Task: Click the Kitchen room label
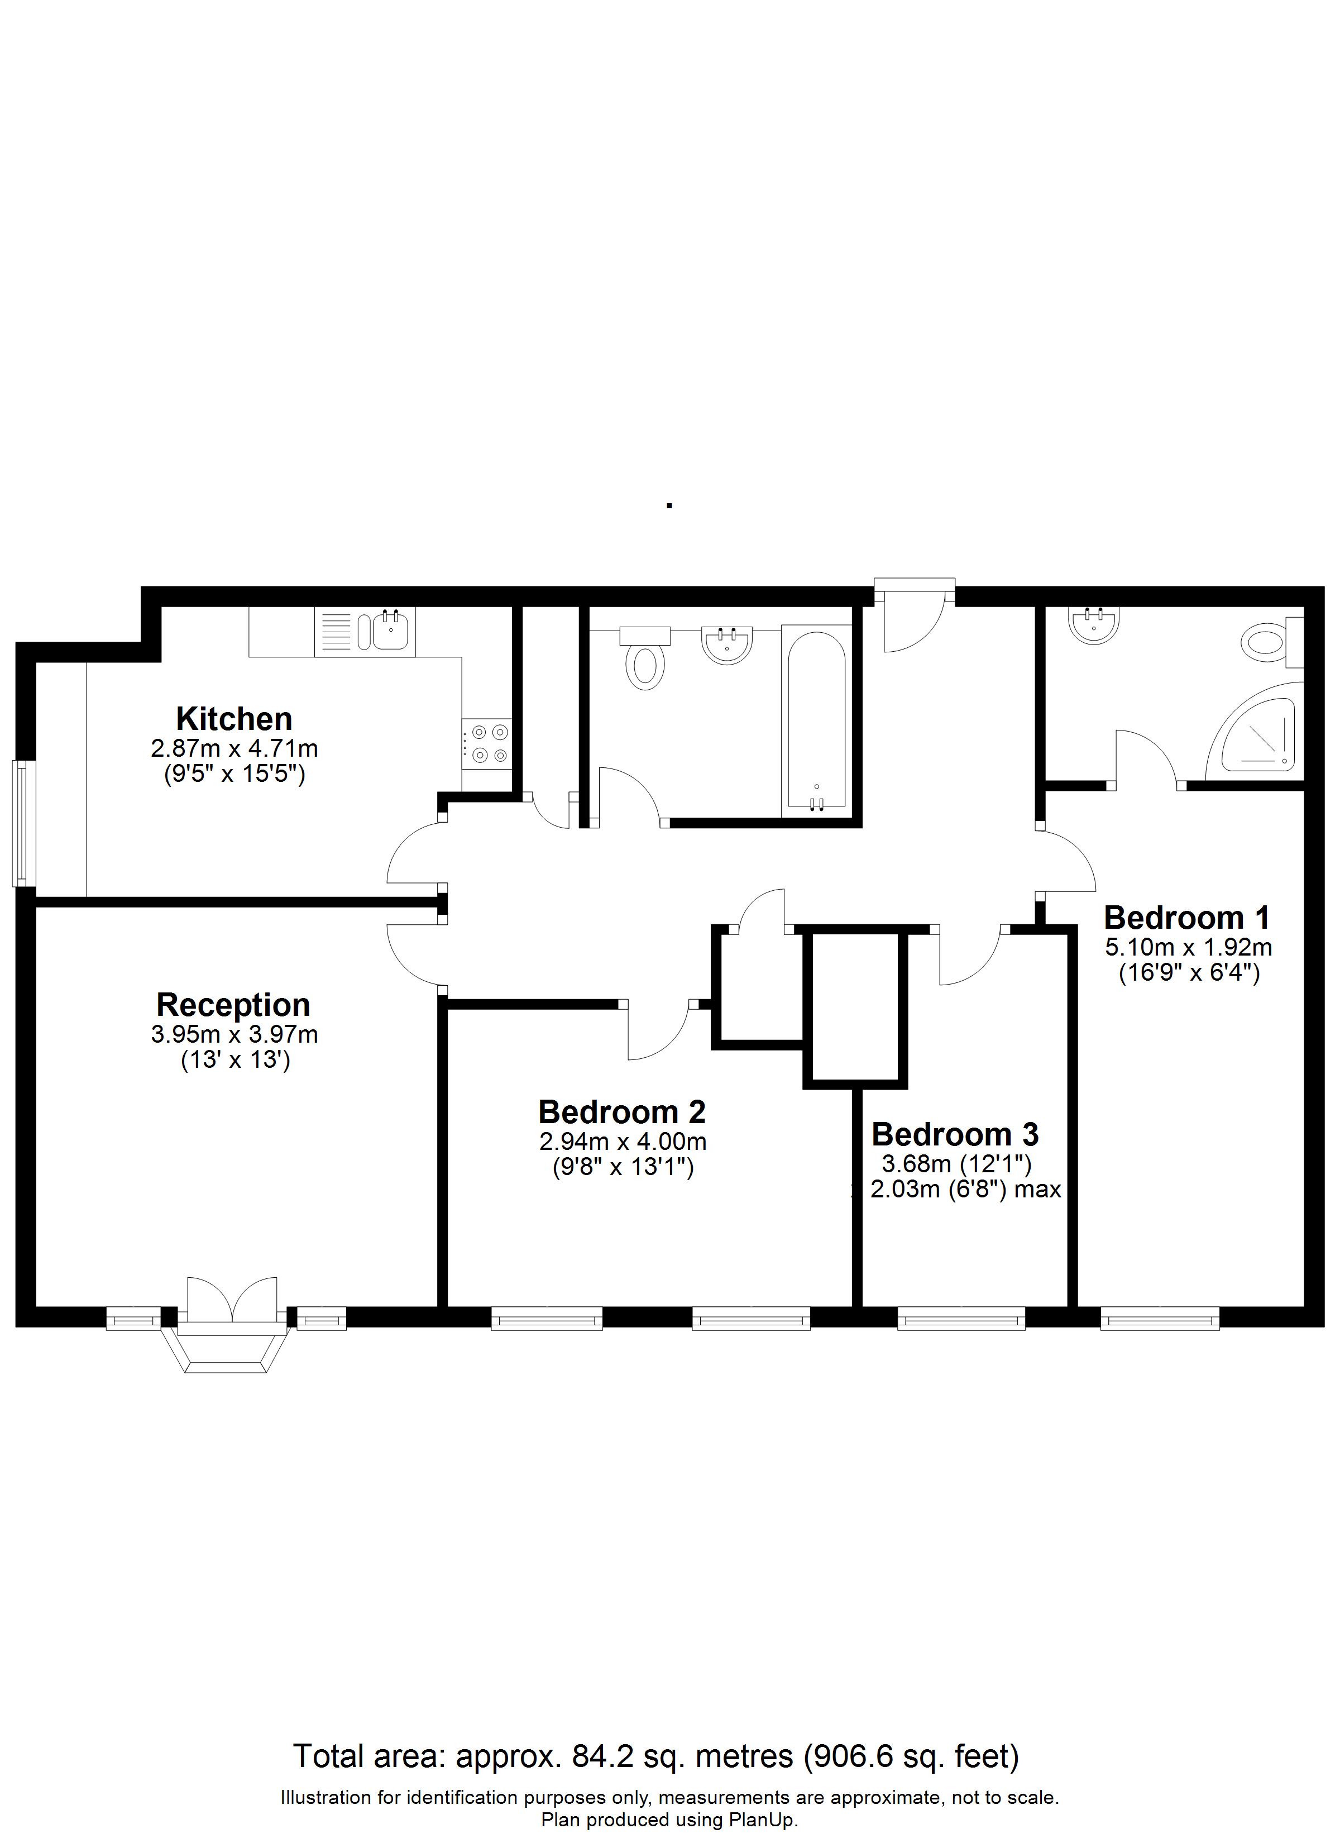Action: tap(234, 719)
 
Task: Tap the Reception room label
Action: tap(233, 1006)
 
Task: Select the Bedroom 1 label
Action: tap(1186, 918)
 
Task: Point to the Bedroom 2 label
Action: tap(621, 1111)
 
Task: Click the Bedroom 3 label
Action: tap(955, 1134)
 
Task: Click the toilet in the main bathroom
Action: tap(645, 657)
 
